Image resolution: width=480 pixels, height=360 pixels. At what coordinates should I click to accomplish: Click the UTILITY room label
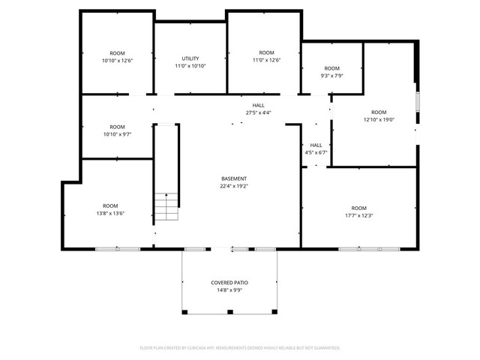190,58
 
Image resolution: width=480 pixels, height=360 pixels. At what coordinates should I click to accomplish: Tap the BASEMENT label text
234,178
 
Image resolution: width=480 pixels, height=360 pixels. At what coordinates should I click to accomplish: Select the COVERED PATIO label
229,283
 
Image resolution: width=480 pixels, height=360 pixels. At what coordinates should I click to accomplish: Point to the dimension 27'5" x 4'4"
258,112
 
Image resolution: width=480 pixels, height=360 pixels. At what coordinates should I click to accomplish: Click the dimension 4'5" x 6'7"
316,152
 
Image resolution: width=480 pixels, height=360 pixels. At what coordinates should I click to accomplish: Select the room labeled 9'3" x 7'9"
331,73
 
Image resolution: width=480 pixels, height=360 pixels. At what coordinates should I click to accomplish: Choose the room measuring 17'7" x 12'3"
359,212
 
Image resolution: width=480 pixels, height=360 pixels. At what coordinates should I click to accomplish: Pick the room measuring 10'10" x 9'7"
117,131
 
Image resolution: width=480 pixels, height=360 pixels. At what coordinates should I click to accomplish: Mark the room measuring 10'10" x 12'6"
117,56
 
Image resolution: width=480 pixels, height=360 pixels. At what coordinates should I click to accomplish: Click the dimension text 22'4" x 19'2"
234,186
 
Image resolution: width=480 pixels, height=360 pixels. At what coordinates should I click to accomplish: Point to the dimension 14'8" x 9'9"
229,290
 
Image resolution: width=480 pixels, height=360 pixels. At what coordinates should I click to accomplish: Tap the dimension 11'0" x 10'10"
190,66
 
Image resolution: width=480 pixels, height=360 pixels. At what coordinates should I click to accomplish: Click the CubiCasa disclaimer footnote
240,348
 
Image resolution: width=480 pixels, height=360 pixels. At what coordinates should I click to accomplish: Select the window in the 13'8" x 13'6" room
116,248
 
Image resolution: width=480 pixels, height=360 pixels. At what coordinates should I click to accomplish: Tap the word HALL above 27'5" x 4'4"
258,105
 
